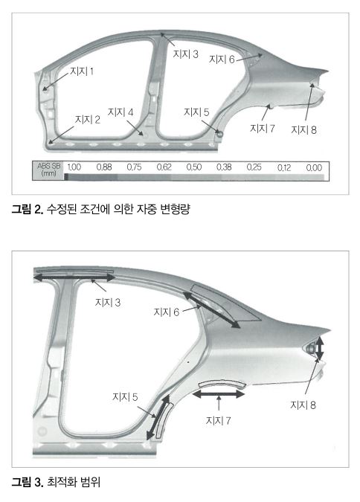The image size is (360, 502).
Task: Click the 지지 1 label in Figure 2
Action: [82, 71]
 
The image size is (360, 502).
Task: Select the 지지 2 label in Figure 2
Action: [88, 120]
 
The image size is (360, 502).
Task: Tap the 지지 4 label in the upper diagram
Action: [120, 112]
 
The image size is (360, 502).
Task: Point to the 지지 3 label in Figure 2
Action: [185, 54]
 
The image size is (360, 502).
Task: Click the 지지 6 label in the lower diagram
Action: [166, 312]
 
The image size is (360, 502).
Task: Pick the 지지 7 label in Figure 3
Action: [218, 420]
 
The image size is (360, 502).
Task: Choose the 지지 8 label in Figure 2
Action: [303, 129]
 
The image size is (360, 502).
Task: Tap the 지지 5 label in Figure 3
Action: [125, 397]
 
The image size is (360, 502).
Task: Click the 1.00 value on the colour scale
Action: [74, 167]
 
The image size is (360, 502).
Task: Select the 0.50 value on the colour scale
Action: [194, 167]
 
